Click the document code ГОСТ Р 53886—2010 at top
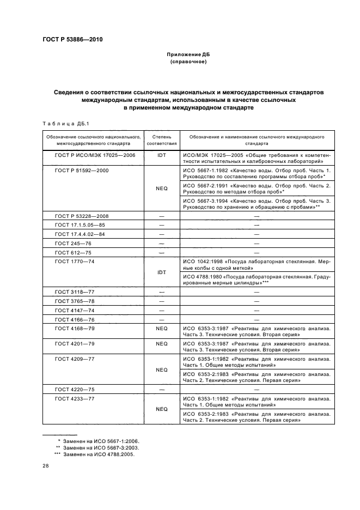[x=72, y=40]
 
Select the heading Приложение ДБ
[x=187, y=54]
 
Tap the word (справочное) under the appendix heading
[x=187, y=62]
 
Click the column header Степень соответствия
[x=161, y=141]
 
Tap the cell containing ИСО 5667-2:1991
[x=257, y=189]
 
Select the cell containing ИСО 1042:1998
[x=257, y=265]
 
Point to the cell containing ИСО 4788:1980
[x=257, y=280]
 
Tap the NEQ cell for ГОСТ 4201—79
[x=161, y=344]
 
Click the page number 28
[x=46, y=466]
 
